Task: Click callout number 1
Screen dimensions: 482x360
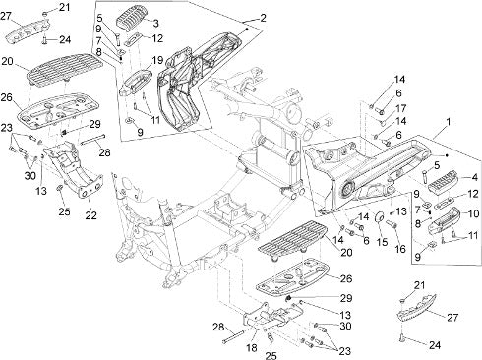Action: tap(448, 122)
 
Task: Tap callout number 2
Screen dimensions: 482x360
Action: tap(264, 18)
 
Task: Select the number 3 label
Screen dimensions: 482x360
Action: tap(156, 23)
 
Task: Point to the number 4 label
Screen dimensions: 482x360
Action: tap(475, 178)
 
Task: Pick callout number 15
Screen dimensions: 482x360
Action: tap(383, 242)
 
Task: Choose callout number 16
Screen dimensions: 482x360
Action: tap(400, 249)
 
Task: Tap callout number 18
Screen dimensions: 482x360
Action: tap(252, 348)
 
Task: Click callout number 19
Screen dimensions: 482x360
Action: tap(157, 60)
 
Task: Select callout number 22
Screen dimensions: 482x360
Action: tap(90, 215)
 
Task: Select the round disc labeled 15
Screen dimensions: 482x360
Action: tap(380, 216)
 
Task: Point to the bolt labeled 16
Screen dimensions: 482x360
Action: tap(392, 224)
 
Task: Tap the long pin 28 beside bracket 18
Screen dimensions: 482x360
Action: tap(233, 337)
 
